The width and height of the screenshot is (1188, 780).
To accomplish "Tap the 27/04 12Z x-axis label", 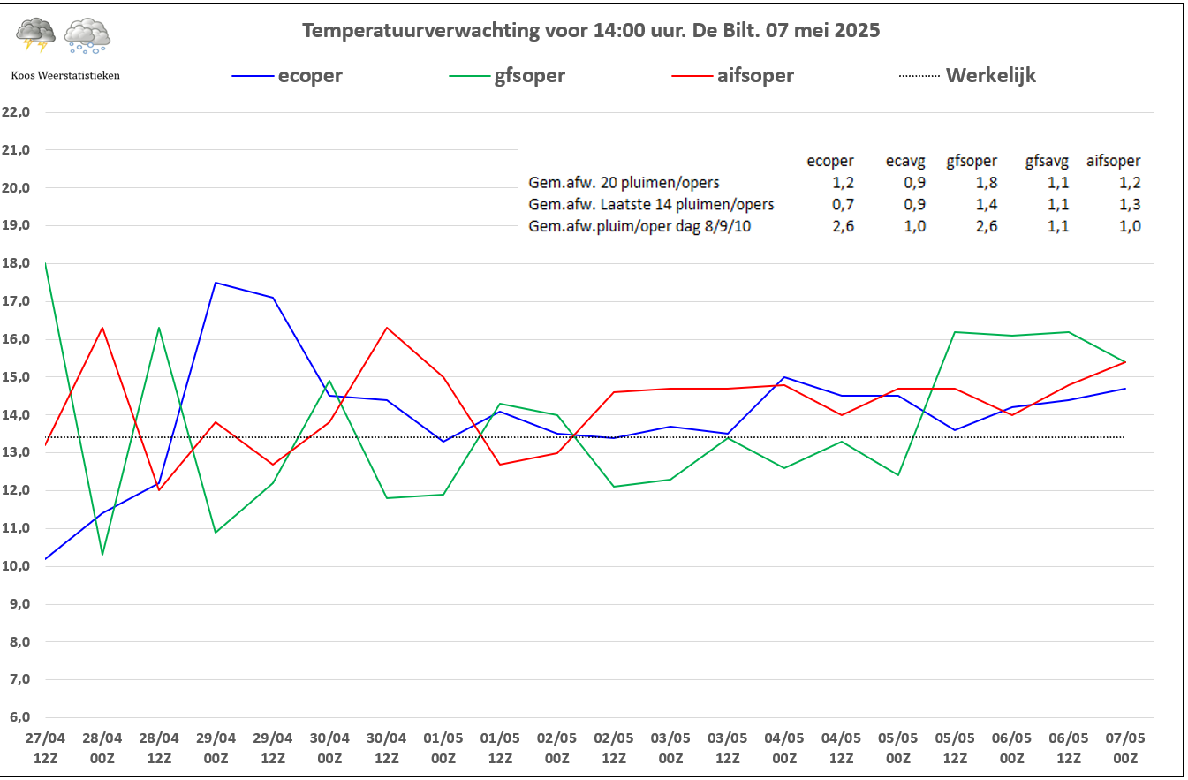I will point(45,747).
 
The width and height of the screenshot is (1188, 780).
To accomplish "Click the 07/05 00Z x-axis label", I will point(1124,747).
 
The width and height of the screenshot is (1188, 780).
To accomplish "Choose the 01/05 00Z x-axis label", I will point(443,747).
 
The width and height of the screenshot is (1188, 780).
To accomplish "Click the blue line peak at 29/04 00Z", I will point(216,283).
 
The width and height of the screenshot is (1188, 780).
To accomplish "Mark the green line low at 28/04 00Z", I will point(102,554).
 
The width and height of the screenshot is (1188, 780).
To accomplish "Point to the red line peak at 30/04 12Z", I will point(386,328).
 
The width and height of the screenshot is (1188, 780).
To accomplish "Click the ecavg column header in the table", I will point(905,161).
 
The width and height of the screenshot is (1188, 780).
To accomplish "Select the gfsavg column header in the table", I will point(1047,161).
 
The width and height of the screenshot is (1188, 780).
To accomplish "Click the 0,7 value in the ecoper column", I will point(841,204).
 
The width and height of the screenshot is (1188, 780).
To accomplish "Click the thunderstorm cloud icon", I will point(35,35).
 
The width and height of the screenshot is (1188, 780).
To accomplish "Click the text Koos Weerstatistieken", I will point(65,75).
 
